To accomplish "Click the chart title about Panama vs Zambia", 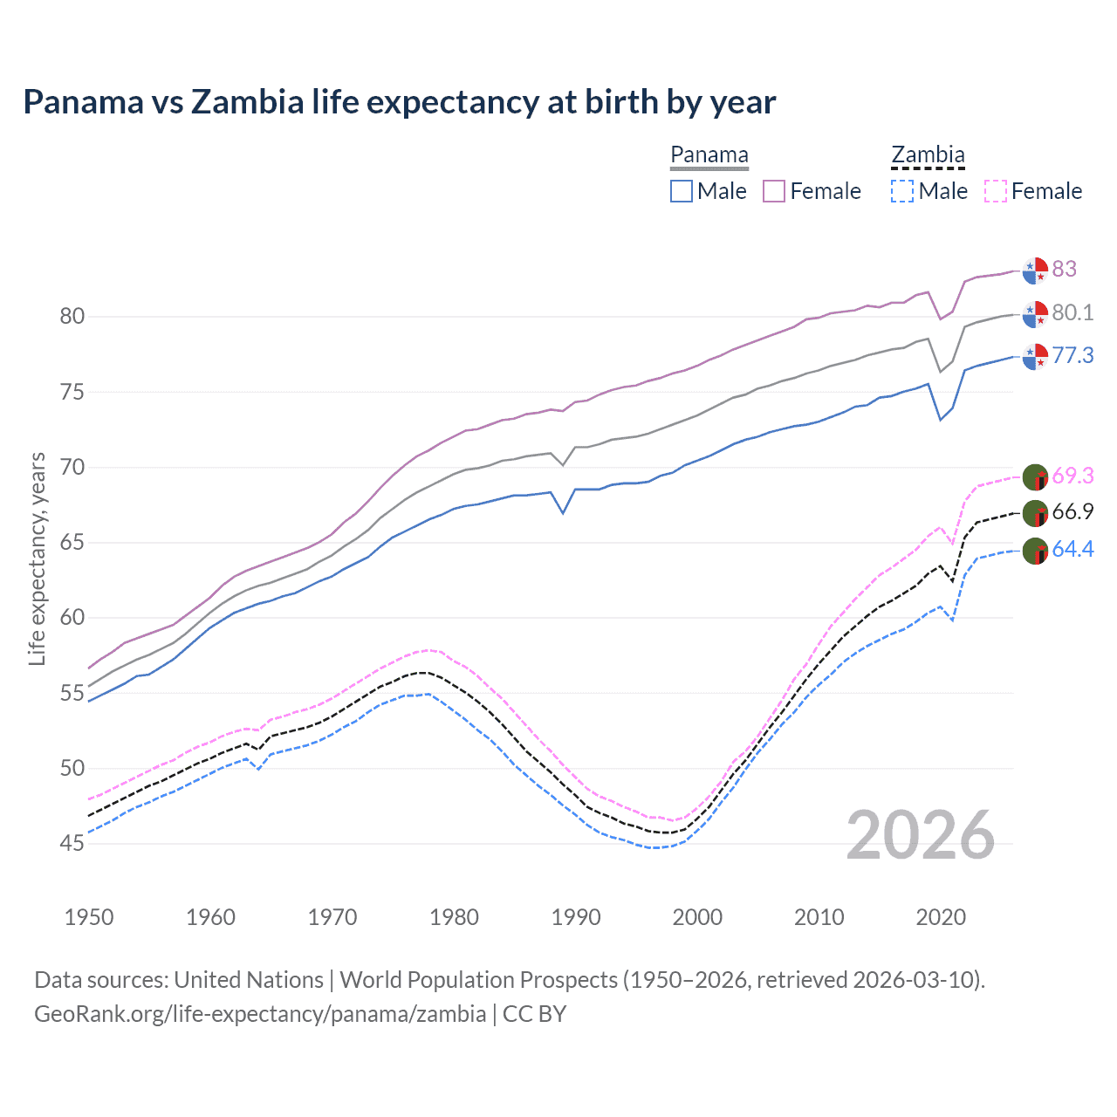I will point(399,102).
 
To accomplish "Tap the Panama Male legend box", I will point(682,191).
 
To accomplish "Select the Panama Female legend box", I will point(774,191).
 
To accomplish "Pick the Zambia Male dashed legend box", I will point(902,191).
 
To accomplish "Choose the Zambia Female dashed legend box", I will point(996,191).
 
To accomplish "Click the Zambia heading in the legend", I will point(928,155).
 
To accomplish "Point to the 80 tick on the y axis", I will point(72,316).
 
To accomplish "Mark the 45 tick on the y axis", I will point(72,844).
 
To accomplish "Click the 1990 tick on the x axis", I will point(576,917).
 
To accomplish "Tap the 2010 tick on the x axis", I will point(819,917).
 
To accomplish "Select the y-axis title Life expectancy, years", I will point(37,558).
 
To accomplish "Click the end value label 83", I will point(1065,269).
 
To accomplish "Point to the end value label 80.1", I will point(1072,312).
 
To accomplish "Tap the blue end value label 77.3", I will point(1072,355).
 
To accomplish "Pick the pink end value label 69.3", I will point(1072,476).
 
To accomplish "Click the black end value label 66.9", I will point(1072,511).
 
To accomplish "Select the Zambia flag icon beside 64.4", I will point(1035,551).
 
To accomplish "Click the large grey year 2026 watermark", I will point(921,835).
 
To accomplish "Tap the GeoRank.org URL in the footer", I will point(260,1014).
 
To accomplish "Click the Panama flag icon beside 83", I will point(1035,271).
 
